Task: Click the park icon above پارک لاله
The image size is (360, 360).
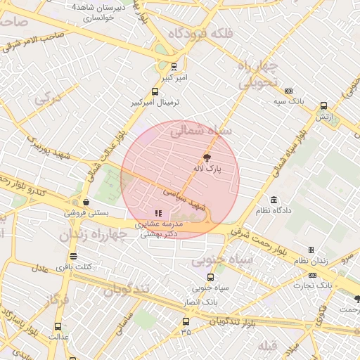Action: pyautogui.click(x=207, y=157)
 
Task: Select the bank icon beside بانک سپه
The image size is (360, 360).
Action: pyautogui.click(x=288, y=91)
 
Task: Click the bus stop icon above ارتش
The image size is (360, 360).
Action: pyautogui.click(x=323, y=105)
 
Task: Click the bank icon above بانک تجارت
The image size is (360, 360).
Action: pyautogui.click(x=312, y=274)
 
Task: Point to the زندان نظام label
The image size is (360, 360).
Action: pyautogui.click(x=311, y=261)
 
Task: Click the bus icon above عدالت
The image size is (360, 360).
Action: pyautogui.click(x=58, y=326)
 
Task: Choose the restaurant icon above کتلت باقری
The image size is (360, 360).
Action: pyautogui.click(x=74, y=257)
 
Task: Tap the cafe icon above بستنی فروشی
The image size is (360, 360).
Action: pyautogui.click(x=85, y=202)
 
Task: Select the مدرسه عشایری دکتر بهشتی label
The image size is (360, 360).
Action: pyautogui.click(x=157, y=229)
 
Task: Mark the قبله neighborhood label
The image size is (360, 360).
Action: pyautogui.click(x=268, y=345)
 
